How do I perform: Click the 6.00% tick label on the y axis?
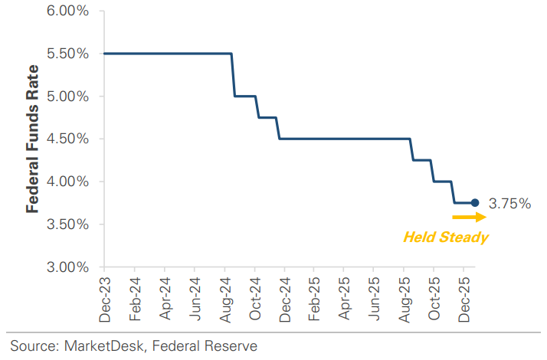(69, 11)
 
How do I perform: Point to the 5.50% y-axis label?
(69, 54)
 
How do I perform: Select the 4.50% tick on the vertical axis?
(69, 139)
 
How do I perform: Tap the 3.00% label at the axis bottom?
(69, 267)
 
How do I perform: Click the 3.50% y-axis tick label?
(69, 224)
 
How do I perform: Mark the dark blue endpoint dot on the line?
(475, 203)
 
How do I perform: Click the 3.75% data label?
(510, 204)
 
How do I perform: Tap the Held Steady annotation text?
(446, 237)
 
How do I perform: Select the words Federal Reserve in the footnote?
(205, 346)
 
